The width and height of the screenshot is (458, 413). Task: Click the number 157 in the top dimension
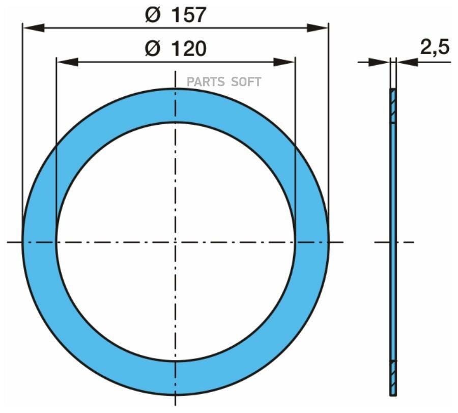pyautogui.click(x=189, y=15)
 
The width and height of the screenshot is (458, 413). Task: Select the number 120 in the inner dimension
pyautogui.click(x=189, y=49)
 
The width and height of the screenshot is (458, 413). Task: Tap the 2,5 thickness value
pyautogui.click(x=435, y=47)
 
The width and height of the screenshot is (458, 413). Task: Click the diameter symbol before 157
pyautogui.click(x=153, y=15)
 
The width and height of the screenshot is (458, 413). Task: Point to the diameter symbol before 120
pyautogui.click(x=153, y=49)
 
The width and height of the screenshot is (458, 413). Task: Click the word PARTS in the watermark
pyautogui.click(x=206, y=82)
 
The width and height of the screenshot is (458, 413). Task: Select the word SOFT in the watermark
pyautogui.click(x=246, y=82)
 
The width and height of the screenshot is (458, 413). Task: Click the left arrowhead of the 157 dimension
pyautogui.click(x=33, y=28)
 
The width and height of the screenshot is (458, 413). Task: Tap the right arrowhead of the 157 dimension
pyautogui.click(x=318, y=28)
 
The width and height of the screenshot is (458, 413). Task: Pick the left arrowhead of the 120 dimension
pyautogui.click(x=68, y=62)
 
